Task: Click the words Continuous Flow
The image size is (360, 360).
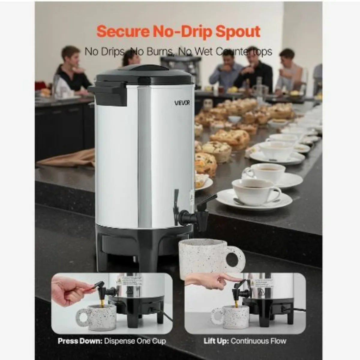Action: coord(259,341)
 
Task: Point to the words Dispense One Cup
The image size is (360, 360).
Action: coord(135,341)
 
